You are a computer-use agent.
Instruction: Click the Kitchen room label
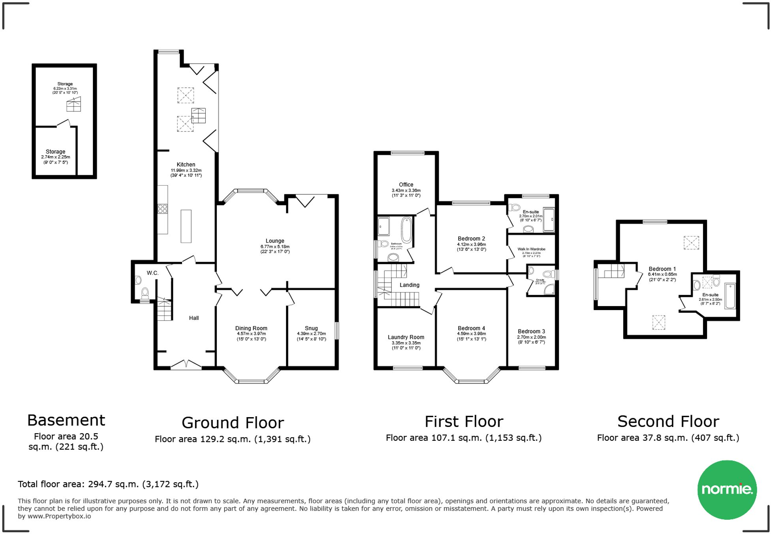(186, 165)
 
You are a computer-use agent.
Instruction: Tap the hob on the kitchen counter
(162, 209)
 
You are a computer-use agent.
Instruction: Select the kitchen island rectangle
(186, 226)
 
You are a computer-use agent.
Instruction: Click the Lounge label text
(275, 241)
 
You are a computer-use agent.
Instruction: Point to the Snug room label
(311, 328)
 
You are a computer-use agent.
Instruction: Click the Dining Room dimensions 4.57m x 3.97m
(251, 334)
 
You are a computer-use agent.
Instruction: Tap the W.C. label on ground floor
(152, 273)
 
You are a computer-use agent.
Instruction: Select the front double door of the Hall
(186, 365)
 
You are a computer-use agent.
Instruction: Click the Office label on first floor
(406, 184)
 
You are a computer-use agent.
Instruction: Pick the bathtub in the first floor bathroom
(406, 230)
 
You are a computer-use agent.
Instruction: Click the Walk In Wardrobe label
(531, 249)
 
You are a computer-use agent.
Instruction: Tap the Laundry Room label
(406, 337)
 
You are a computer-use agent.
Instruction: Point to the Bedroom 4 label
(471, 328)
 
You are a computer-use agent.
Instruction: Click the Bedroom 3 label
(531, 331)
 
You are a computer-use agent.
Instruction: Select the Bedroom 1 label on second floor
(662, 269)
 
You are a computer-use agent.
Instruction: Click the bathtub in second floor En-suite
(730, 295)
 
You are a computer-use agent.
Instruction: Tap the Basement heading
(66, 420)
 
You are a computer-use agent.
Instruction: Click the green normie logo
(727, 489)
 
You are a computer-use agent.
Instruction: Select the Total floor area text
(108, 484)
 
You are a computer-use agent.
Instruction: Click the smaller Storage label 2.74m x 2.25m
(55, 152)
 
